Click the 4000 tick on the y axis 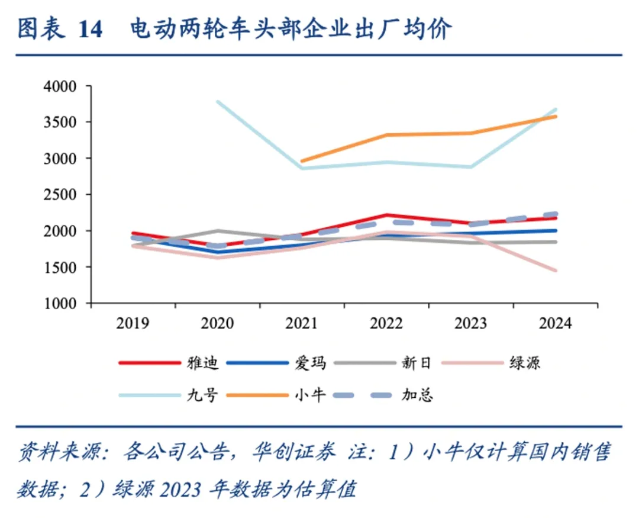coord(60,86)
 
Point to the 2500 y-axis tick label coord(60,195)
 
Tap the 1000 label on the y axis coord(60,303)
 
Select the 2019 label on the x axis coord(133,323)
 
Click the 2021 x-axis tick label coord(302,323)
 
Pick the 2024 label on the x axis coord(556,323)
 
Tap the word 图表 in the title coord(38,29)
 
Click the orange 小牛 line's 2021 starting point coord(302,161)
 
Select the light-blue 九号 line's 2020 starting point coord(217,101)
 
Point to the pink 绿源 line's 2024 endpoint coord(556,271)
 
